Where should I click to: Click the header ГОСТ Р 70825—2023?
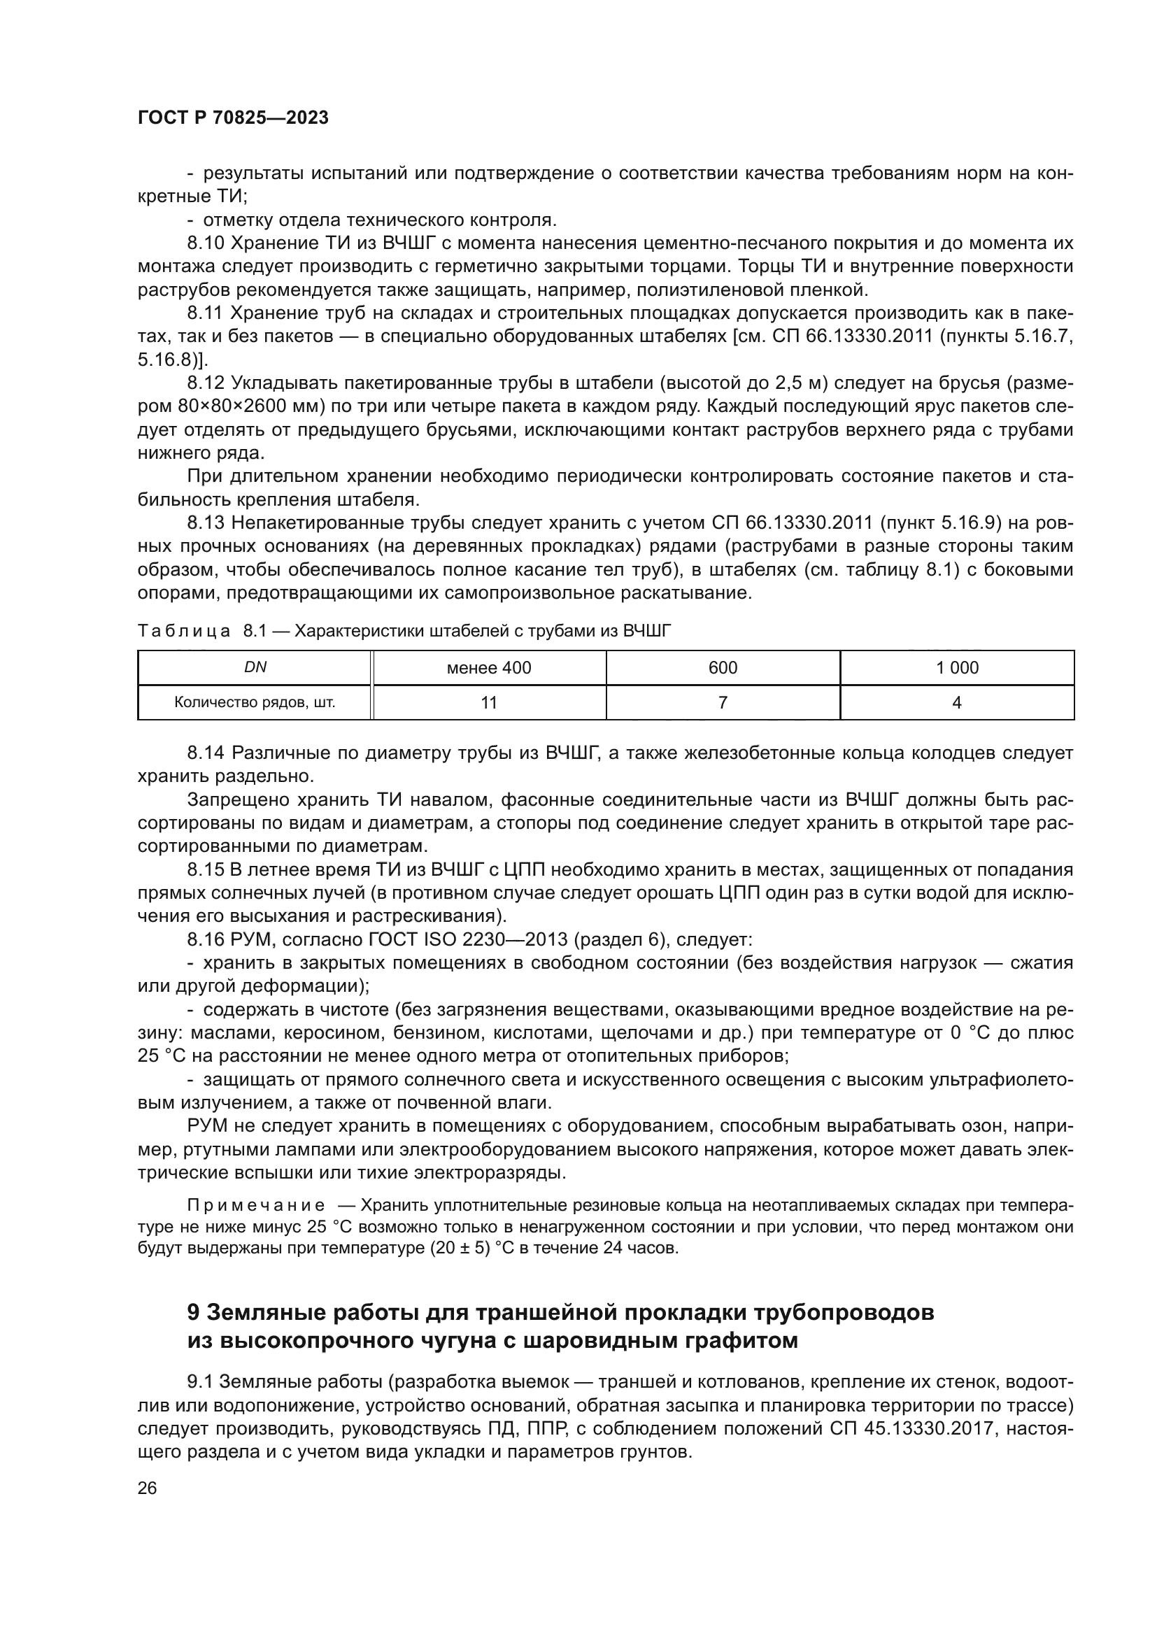pyautogui.click(x=233, y=118)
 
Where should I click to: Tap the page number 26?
pyautogui.click(x=147, y=1487)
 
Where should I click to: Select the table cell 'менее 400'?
pyautogui.click(x=489, y=668)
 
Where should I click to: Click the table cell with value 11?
pyautogui.click(x=489, y=702)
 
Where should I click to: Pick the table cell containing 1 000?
pyautogui.click(x=957, y=668)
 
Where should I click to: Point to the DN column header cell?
pyautogui.click(x=255, y=668)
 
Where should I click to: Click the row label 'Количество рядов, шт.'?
pyautogui.click(x=255, y=702)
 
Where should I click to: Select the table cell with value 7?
pyautogui.click(x=723, y=702)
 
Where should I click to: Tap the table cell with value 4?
pyautogui.click(x=957, y=702)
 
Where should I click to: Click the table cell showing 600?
pyautogui.click(x=723, y=668)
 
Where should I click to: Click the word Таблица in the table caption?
pyautogui.click(x=184, y=631)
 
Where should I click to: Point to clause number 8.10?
pyautogui.click(x=206, y=243)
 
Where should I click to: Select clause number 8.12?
pyautogui.click(x=206, y=383)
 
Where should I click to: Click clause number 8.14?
pyautogui.click(x=206, y=753)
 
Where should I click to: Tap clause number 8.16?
pyautogui.click(x=206, y=940)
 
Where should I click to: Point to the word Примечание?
pyautogui.click(x=256, y=1205)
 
